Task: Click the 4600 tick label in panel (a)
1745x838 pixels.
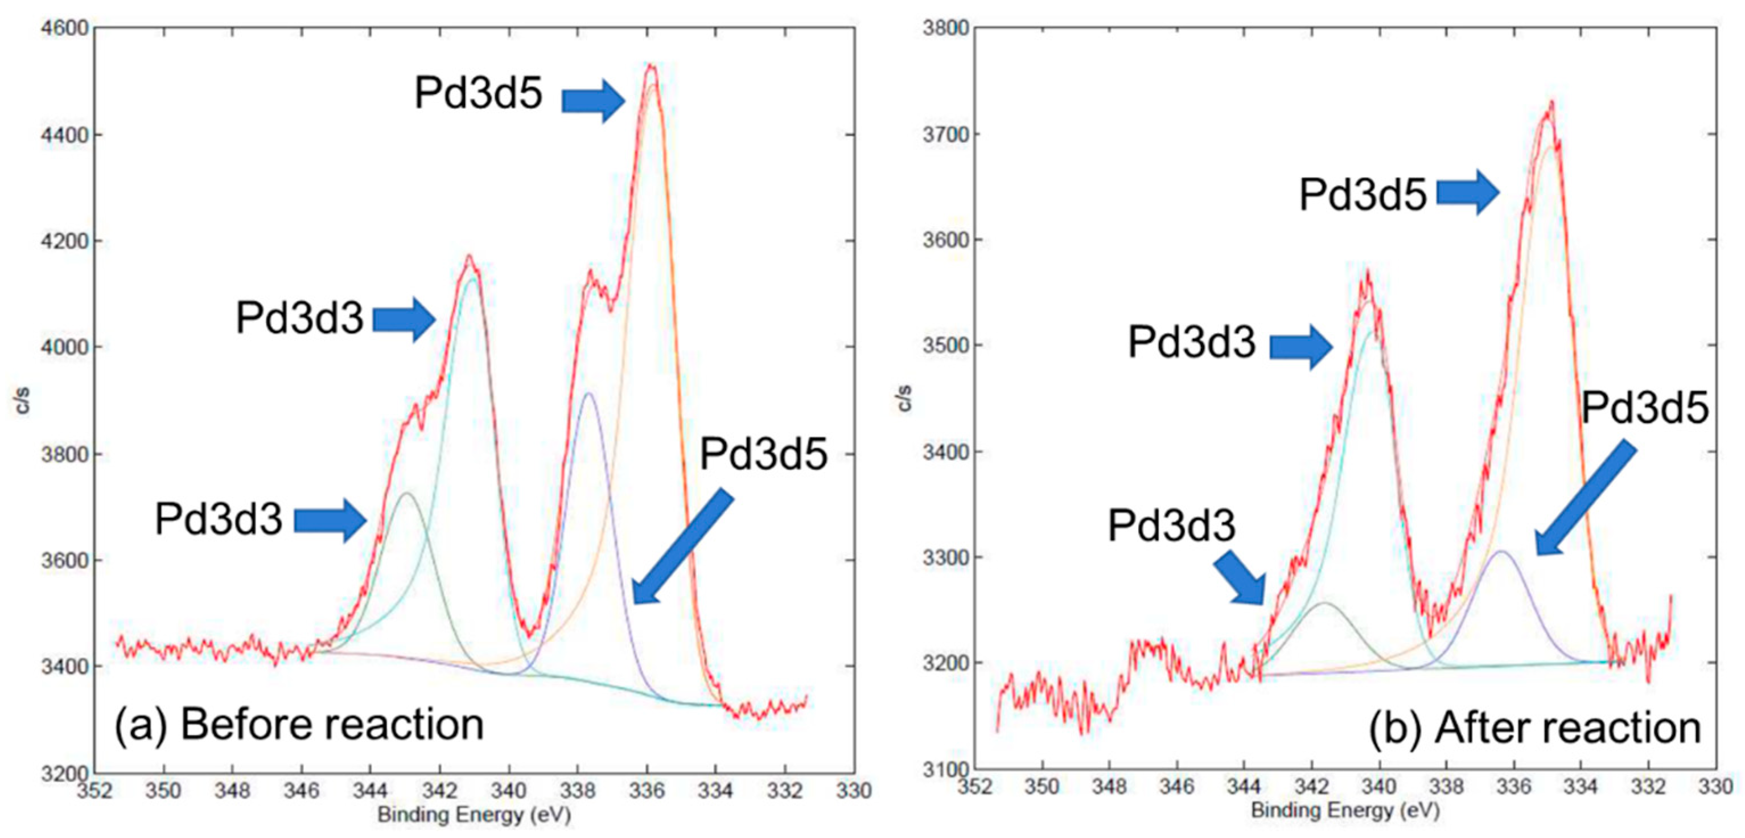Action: [64, 28]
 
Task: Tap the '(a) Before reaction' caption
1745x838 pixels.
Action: [299, 725]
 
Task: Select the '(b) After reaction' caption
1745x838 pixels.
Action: [1534, 728]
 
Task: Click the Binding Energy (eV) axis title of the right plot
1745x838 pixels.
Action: [1345, 810]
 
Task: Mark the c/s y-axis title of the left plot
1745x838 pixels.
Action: [23, 400]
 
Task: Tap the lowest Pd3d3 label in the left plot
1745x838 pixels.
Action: [218, 519]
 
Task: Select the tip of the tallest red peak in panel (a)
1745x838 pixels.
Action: [651, 65]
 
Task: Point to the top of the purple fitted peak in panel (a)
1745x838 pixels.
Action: [588, 393]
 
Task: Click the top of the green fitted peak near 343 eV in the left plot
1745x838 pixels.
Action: [406, 493]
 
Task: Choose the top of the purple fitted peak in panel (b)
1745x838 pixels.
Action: [1502, 552]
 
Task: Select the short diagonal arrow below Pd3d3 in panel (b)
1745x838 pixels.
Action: [1240, 577]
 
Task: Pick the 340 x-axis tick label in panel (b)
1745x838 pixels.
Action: [1379, 787]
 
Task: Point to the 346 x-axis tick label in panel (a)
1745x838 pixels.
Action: [302, 791]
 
